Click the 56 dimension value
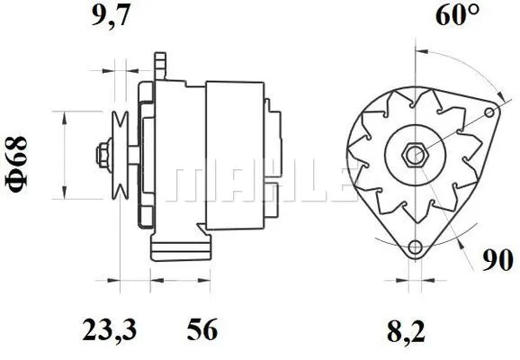pyautogui.click(x=202, y=330)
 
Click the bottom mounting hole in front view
pyautogui.click(x=414, y=249)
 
